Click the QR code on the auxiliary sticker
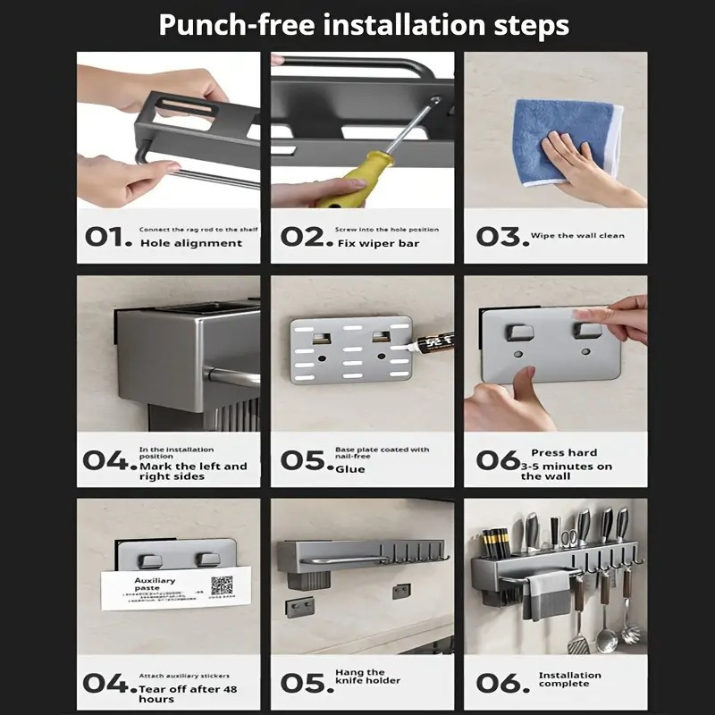click(221, 585)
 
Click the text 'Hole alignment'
click(190, 243)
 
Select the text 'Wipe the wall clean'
click(577, 236)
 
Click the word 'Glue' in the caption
click(350, 469)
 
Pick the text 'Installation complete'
click(569, 679)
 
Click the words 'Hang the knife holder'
click(367, 677)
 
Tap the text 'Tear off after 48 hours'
click(188, 694)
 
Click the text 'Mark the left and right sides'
click(192, 471)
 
